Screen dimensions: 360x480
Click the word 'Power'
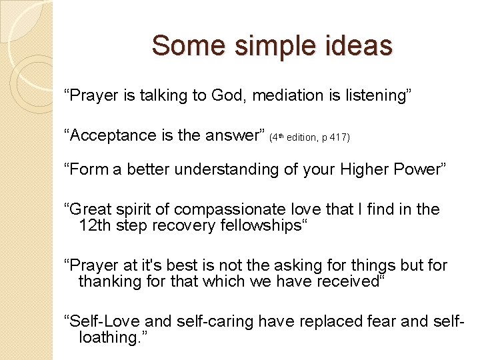tap(415, 169)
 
